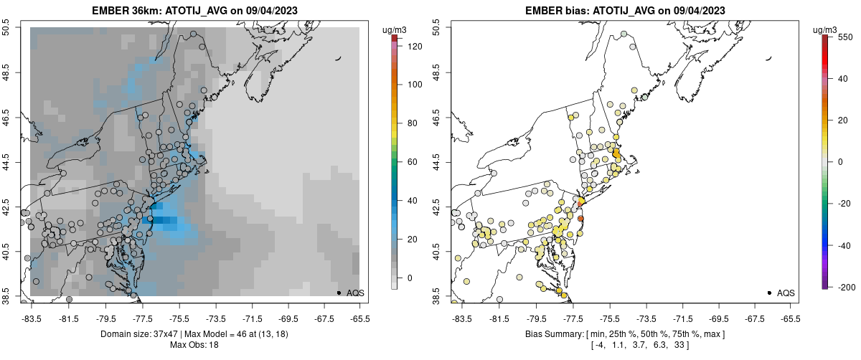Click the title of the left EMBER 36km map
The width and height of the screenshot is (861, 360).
pos(196,10)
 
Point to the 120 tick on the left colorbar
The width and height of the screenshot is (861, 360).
pos(415,46)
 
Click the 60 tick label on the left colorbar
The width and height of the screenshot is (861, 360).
pos(413,161)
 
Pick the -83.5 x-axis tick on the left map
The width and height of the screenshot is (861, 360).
pos(31,318)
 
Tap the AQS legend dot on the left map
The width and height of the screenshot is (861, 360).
pos(338,293)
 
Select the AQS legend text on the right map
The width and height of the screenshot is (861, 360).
pos(786,293)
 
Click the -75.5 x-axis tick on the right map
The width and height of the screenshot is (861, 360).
pos(610,318)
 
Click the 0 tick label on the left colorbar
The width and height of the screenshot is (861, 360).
pos(410,278)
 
